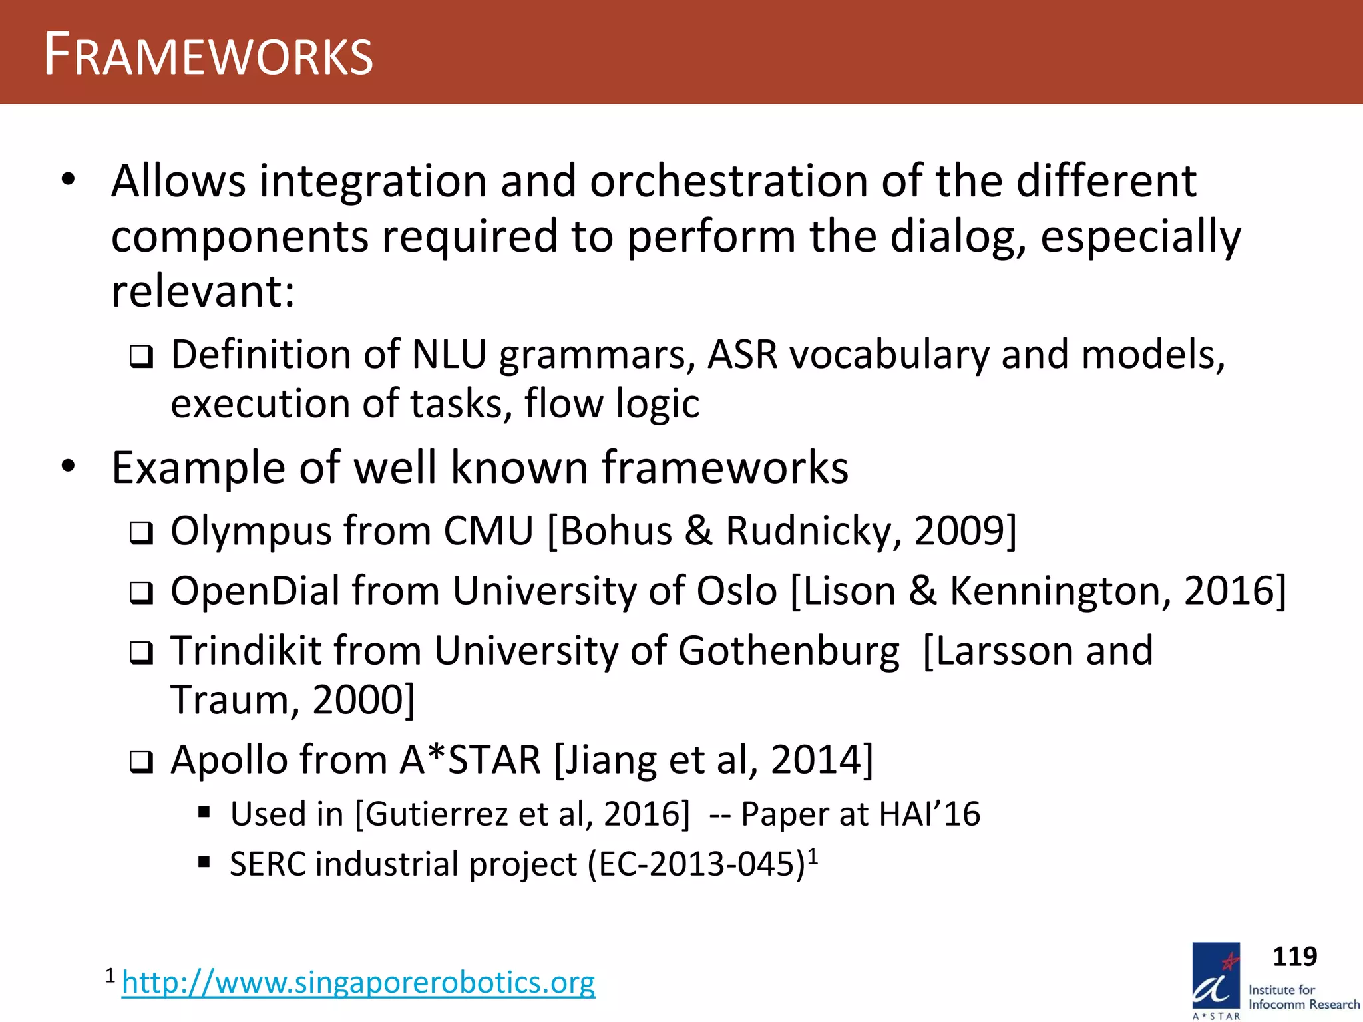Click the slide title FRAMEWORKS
coord(208,55)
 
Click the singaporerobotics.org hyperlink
coord(358,982)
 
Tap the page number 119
coord(1294,957)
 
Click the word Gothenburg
coord(789,651)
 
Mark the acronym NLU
coord(449,355)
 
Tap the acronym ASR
coord(742,355)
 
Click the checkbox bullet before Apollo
coord(141,762)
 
